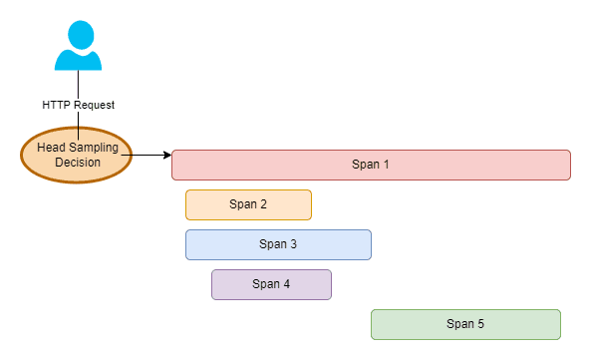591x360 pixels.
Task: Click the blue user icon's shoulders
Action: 79,61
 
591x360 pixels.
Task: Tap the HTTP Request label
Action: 78,103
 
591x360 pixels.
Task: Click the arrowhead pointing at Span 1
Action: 166,155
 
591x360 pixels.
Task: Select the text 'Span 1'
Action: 371,165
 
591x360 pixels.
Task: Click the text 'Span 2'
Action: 248,204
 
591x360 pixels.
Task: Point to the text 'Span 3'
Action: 278,244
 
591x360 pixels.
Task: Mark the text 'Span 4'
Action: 271,284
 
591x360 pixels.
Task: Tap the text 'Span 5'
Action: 465,324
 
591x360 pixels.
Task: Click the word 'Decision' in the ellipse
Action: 78,163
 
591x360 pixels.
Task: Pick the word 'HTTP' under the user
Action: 56,103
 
